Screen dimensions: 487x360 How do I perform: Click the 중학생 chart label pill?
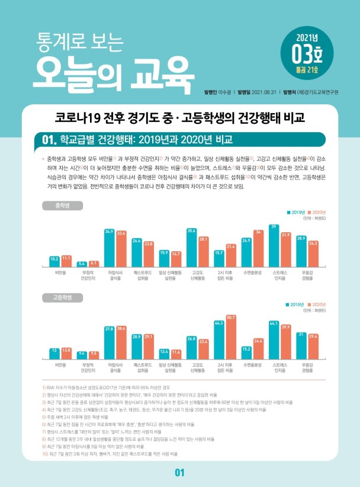[x=60, y=206]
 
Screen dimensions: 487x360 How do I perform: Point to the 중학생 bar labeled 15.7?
[x=219, y=260]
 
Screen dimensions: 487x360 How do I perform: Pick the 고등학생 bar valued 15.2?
[x=246, y=355]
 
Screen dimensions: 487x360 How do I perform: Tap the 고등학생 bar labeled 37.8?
[x=109, y=343]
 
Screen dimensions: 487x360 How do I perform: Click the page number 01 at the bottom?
[x=180, y=472]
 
